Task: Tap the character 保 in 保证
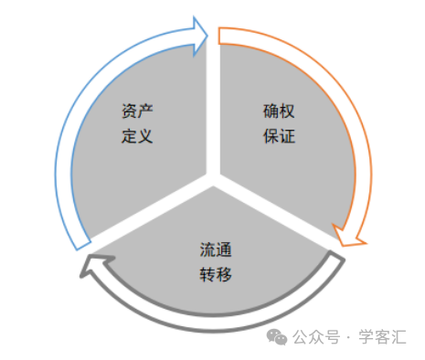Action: [268, 138]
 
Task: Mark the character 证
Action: [283, 138]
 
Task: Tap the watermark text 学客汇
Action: [385, 337]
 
